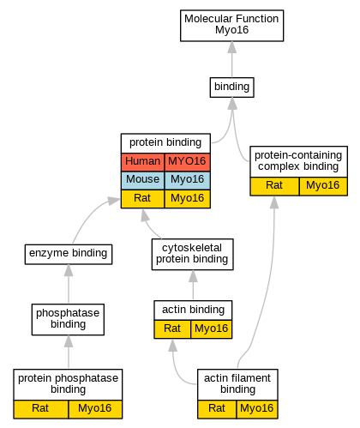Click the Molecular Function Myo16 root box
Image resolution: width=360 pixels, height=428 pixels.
point(231,26)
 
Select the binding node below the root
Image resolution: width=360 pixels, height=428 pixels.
point(231,87)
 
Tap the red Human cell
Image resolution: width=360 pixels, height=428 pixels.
point(142,162)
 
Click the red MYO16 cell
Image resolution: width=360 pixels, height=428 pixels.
point(187,162)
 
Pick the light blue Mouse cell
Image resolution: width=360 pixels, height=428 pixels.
point(142,180)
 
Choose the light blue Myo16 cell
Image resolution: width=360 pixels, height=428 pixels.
point(187,180)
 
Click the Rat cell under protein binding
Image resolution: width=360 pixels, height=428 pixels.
point(142,199)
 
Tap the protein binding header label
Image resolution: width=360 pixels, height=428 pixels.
point(165,142)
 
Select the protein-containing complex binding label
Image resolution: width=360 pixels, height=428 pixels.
point(298,160)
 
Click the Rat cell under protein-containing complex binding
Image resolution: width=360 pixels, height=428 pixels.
point(274,186)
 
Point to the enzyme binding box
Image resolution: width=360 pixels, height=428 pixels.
point(69,254)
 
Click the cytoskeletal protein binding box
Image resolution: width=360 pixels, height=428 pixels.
point(192,254)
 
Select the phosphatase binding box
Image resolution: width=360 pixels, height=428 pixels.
point(68,319)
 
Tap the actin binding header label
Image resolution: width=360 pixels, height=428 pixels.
point(193,310)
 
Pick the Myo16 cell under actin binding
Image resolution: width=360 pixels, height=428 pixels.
point(211,329)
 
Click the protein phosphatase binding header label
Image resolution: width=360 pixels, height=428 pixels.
point(68,383)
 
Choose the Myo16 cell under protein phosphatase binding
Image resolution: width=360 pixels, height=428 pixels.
point(95,409)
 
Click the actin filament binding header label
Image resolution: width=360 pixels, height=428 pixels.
point(237,383)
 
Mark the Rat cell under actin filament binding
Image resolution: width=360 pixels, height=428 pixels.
point(217,409)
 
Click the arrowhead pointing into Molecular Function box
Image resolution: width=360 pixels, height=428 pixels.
point(231,47)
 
